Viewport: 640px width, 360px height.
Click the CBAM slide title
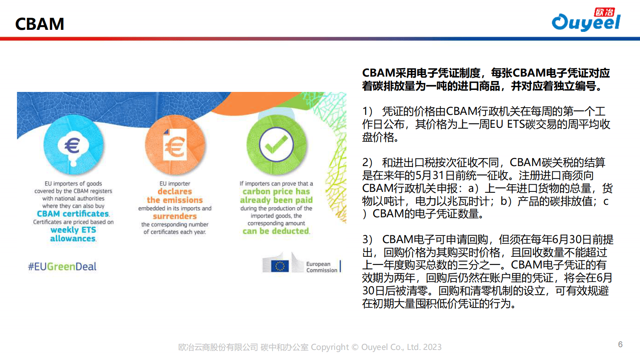(40, 24)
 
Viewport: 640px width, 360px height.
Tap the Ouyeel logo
(586, 19)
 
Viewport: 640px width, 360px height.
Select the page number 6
(620, 344)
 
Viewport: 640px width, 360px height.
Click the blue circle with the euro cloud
(73, 145)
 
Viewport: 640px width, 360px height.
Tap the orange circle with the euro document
(175, 145)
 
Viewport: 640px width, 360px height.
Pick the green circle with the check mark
(276, 145)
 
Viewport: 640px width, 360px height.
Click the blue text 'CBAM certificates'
(73, 214)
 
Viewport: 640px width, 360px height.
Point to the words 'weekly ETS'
(73, 230)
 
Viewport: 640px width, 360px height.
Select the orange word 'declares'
(175, 191)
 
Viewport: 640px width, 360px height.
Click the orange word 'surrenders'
(175, 216)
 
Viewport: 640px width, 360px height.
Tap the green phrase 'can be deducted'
(276, 231)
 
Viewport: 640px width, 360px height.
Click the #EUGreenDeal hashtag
(62, 266)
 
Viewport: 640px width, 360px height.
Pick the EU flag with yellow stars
(280, 266)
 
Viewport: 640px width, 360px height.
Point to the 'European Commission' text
(322, 267)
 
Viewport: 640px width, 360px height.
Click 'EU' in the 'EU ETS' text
(496, 124)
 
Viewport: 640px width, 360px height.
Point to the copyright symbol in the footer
(355, 347)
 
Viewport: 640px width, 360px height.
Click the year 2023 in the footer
(432, 347)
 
